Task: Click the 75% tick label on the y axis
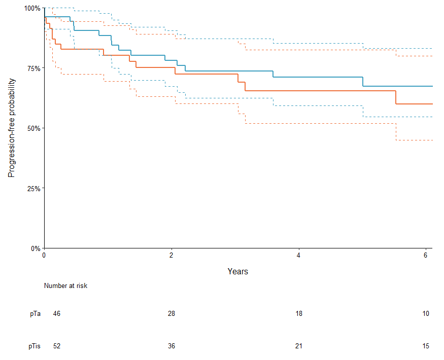[33, 68]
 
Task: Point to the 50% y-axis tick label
[33, 128]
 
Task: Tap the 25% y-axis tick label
[33, 188]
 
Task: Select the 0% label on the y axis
[35, 248]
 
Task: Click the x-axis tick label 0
[44, 256]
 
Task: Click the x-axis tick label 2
[172, 256]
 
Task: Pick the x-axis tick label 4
[299, 256]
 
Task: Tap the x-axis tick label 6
[426, 256]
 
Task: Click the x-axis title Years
[237, 272]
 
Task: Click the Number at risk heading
[65, 286]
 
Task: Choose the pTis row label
[35, 346]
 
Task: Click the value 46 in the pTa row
[57, 314]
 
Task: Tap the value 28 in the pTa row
[172, 314]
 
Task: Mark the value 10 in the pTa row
[426, 314]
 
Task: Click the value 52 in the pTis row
[57, 346]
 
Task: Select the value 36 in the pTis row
[172, 346]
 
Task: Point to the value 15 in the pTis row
[426, 346]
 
